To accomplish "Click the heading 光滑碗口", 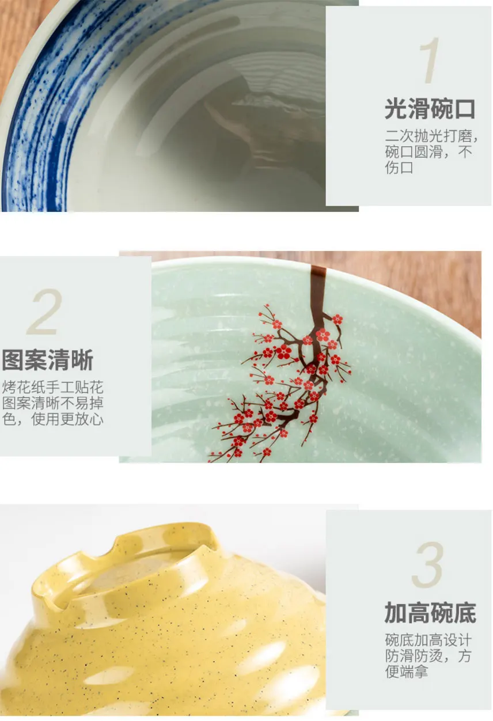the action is [430, 109].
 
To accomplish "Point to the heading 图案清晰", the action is [48, 360].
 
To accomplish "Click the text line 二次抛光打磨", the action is [428, 136].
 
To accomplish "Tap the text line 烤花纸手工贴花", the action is [53, 388].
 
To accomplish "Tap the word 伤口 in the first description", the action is [399, 168].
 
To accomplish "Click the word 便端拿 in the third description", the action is [407, 671].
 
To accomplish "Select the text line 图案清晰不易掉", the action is [53, 403].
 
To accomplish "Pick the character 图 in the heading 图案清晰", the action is [13, 360].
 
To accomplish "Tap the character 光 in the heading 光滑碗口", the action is [396, 109].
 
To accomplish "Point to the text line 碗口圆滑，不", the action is [428, 152].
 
